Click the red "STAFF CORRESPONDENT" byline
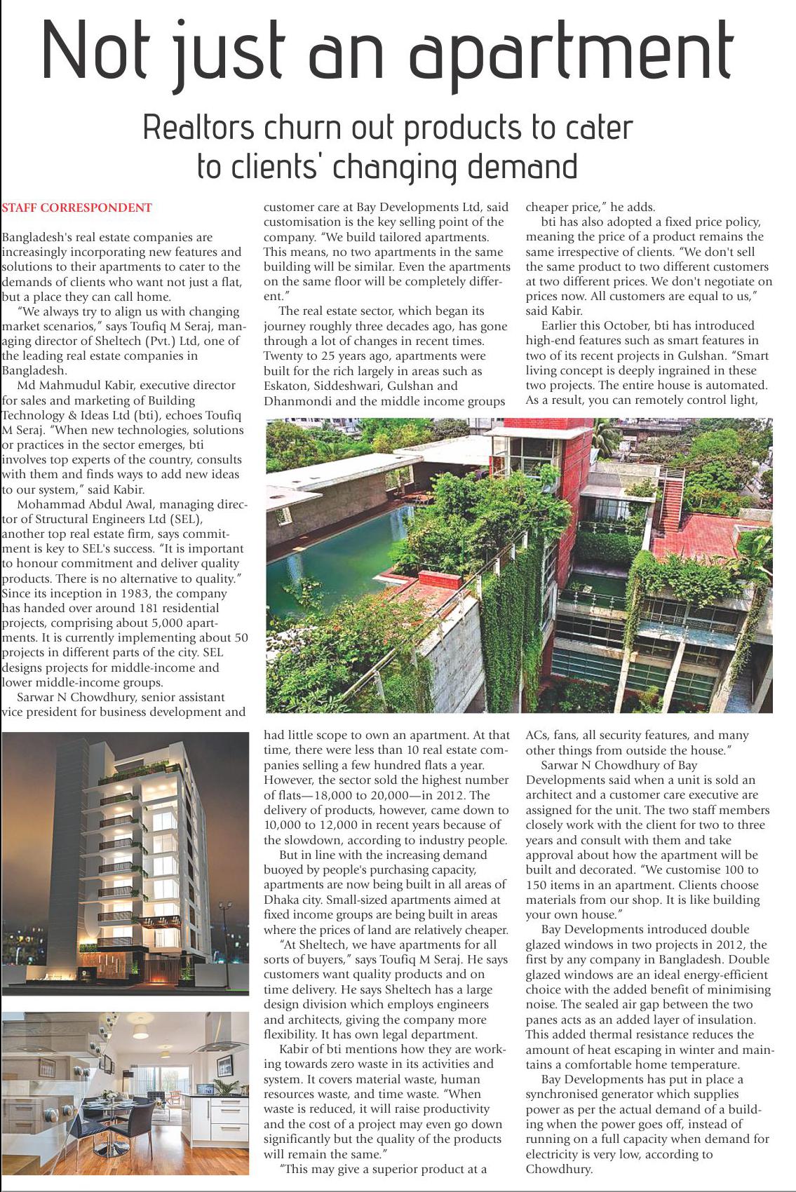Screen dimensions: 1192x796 [76, 208]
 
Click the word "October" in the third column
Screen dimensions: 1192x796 [620, 325]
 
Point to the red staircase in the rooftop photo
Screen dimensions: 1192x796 [672, 498]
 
